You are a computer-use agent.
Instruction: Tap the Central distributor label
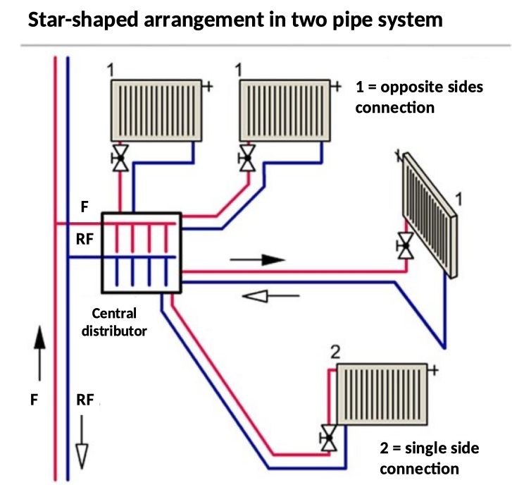(114, 321)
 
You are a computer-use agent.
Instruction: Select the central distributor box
(142, 252)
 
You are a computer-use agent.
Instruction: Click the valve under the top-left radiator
(120, 158)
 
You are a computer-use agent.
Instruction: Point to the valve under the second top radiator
(246, 158)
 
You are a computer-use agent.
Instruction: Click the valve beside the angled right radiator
(405, 246)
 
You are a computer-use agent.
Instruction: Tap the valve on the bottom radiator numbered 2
(327, 437)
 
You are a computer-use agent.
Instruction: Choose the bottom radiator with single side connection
(381, 395)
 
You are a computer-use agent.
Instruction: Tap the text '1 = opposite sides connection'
(419, 97)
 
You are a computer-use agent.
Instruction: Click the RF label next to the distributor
(84, 239)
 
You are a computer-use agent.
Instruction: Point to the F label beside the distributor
(85, 207)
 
